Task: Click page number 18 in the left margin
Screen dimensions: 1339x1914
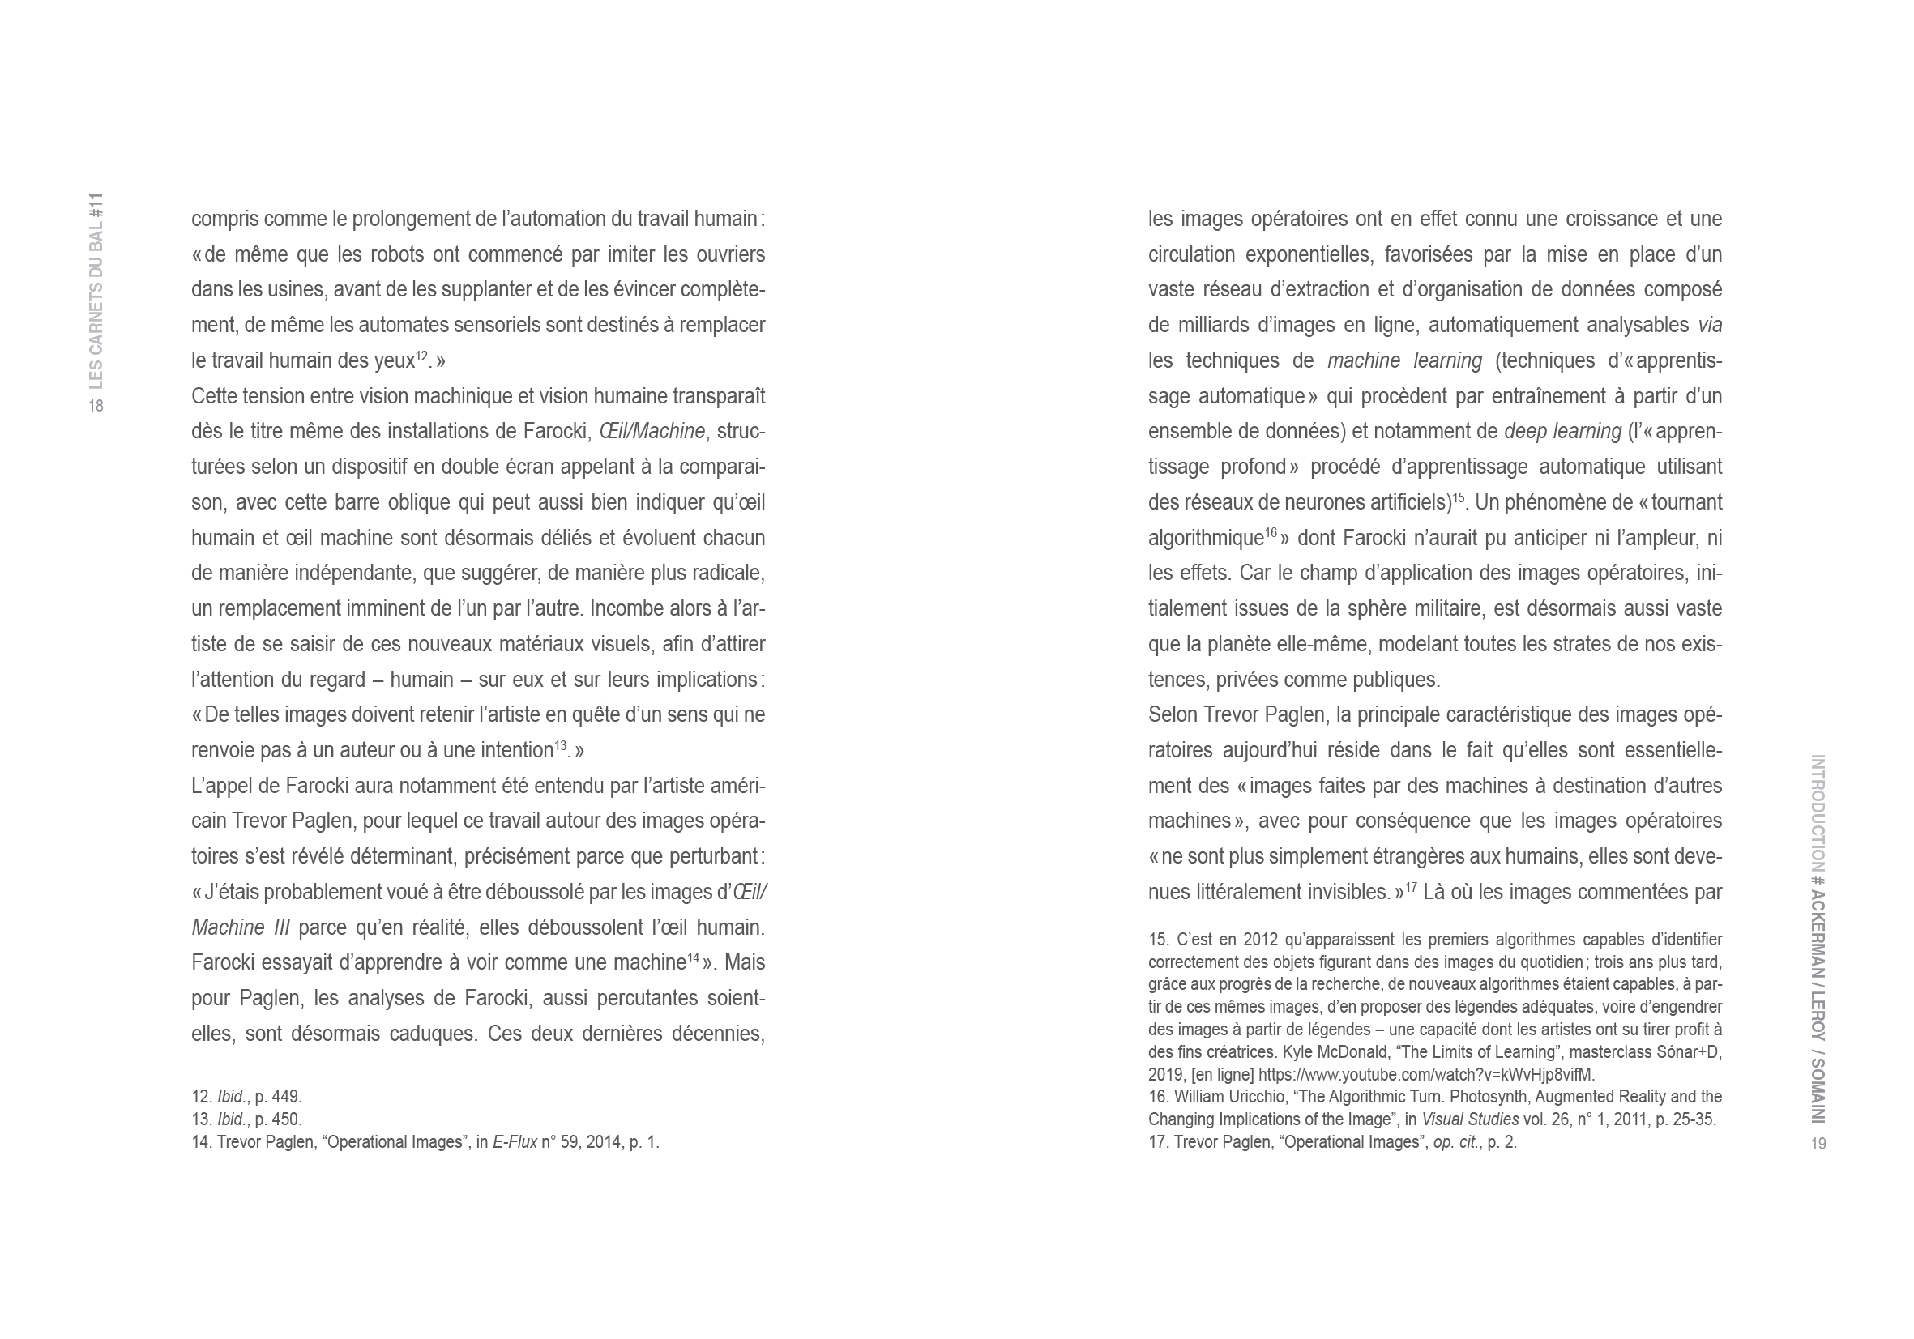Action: click(x=96, y=406)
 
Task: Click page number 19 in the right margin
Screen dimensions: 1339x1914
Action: click(x=1818, y=1143)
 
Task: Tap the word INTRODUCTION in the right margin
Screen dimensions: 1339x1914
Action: click(x=1818, y=812)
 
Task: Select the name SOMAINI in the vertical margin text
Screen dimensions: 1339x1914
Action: click(x=1818, y=1091)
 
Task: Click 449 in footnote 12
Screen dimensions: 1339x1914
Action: click(x=286, y=1097)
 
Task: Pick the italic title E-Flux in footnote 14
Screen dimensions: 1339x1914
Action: click(x=515, y=1141)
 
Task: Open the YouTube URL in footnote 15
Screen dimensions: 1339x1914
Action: click(x=1426, y=1074)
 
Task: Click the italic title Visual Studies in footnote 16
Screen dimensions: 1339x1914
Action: click(x=1470, y=1119)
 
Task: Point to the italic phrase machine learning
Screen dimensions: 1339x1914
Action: click(x=1404, y=360)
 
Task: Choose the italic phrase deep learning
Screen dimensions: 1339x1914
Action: click(x=1563, y=432)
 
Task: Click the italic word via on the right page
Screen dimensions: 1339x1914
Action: click(x=1710, y=325)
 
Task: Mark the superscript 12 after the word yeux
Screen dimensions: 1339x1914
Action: click(x=421, y=356)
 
